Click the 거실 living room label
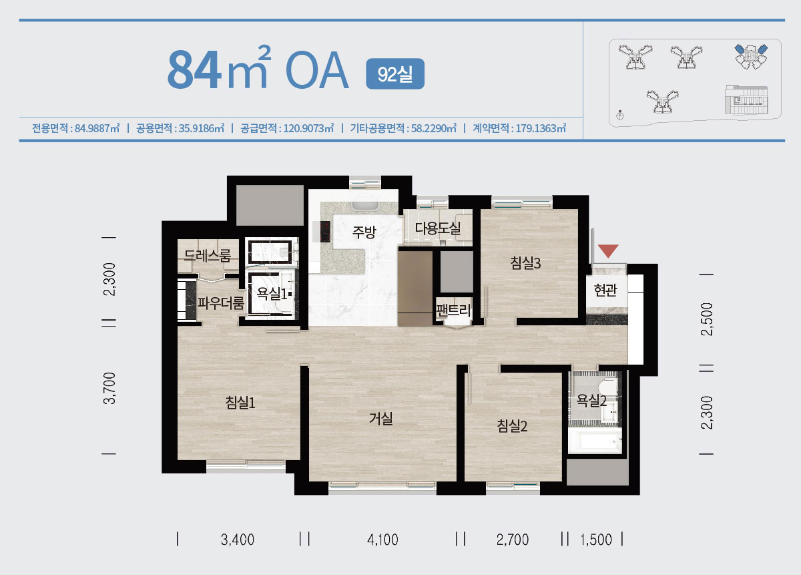[x=381, y=418]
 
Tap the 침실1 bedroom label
[x=240, y=403]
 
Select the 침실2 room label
[x=512, y=426]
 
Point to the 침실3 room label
[x=525, y=263]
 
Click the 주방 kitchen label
[x=364, y=232]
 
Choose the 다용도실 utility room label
[x=438, y=228]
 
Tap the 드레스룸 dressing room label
[x=208, y=256]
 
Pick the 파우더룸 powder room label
[x=221, y=303]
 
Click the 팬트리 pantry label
[x=453, y=310]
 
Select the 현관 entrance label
[x=605, y=290]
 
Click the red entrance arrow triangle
[x=608, y=251]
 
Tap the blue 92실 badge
[x=395, y=73]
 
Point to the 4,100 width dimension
[x=382, y=540]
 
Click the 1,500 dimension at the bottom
[x=596, y=540]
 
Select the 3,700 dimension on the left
[x=109, y=388]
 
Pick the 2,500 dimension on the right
[x=707, y=319]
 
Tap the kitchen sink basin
[x=364, y=205]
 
